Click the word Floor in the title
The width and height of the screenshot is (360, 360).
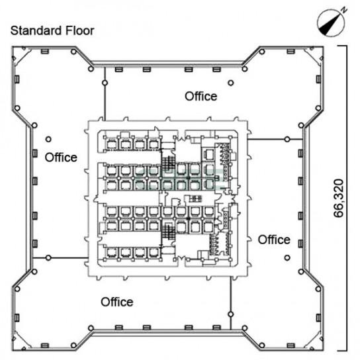[x=79, y=30]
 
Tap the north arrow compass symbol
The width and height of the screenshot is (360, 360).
[x=331, y=23]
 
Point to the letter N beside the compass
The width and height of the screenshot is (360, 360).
[x=343, y=10]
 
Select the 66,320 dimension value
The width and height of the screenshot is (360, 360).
[x=339, y=199]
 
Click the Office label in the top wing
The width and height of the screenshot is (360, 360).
[x=201, y=96]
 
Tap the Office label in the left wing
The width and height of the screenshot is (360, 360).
[x=61, y=157]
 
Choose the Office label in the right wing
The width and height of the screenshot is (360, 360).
[x=274, y=240]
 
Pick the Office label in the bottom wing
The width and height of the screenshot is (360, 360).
[x=117, y=302]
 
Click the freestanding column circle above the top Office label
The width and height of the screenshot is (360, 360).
[x=231, y=83]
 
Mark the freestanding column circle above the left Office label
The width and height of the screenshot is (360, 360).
[x=48, y=139]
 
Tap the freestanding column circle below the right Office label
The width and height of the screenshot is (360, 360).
[x=287, y=258]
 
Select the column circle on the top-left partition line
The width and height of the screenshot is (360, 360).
[x=105, y=83]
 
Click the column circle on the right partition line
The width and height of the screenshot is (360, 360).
[x=287, y=139]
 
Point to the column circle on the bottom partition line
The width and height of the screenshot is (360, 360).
[x=231, y=314]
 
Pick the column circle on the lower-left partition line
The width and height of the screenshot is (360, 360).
[x=48, y=258]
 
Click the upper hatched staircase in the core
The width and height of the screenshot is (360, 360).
[x=168, y=163]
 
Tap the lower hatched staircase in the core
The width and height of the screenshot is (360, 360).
[x=168, y=232]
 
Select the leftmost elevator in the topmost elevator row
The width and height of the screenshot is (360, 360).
[x=112, y=144]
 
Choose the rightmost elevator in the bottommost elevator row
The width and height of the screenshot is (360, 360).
[x=153, y=253]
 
